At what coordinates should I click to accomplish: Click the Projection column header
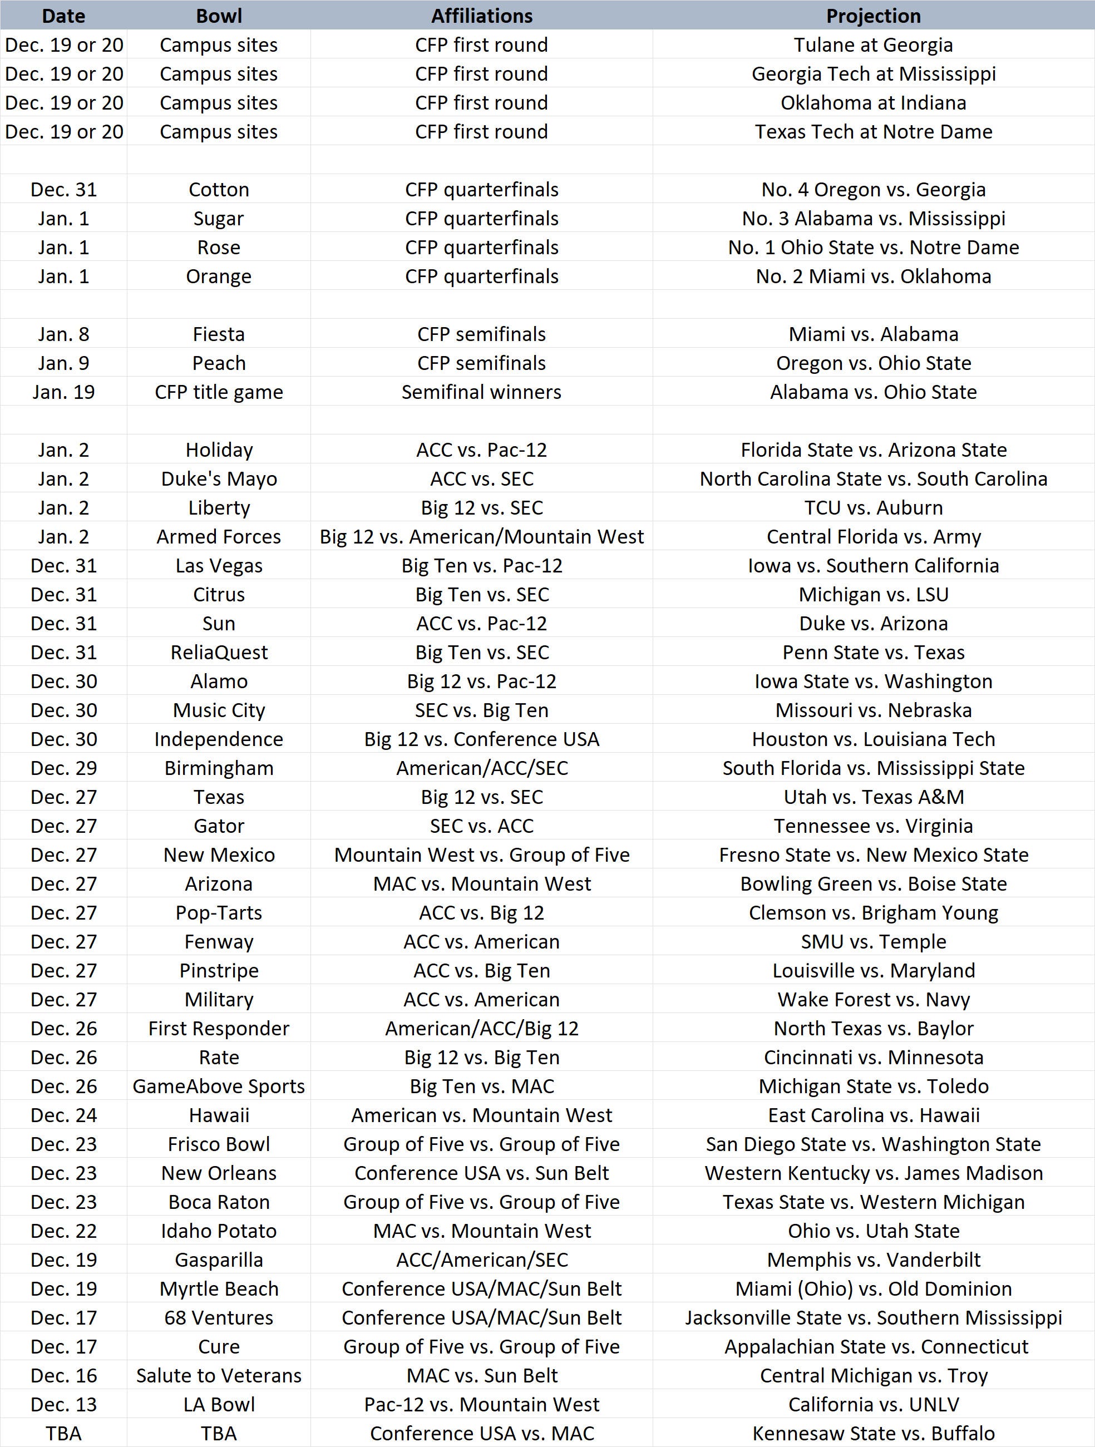[873, 16]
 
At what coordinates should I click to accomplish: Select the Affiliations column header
[481, 16]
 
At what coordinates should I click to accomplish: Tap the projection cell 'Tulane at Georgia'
[873, 45]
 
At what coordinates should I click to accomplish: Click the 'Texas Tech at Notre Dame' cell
[873, 131]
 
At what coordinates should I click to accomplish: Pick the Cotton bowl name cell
[219, 190]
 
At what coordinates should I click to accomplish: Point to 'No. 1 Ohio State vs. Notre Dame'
[873, 247]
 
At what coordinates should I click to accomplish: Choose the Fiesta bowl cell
[219, 334]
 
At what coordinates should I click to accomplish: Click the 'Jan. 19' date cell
[63, 392]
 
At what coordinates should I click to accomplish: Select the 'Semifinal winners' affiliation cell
[481, 392]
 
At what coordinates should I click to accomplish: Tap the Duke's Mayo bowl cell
[219, 479]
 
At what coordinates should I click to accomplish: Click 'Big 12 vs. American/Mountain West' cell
[481, 536]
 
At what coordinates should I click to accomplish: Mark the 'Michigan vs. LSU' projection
[873, 595]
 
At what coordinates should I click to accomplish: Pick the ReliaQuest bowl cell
[219, 652]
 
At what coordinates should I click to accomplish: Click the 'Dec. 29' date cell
[63, 768]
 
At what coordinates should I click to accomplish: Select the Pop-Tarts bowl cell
[219, 912]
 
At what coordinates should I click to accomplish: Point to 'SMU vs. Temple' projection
[873, 941]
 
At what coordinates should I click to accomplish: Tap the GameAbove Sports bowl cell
[219, 1086]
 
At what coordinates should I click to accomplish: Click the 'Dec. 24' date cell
[63, 1115]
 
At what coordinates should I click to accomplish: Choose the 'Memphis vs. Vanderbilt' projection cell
[873, 1260]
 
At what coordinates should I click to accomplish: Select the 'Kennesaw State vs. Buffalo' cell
[873, 1433]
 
